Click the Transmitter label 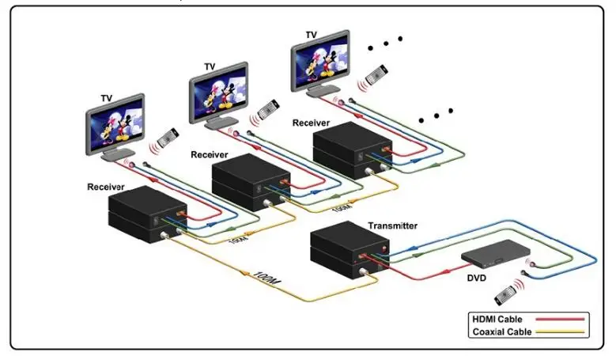click(392, 226)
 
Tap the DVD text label click(476, 279)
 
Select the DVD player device click(496, 252)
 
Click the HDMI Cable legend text click(497, 319)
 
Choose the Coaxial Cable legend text click(501, 332)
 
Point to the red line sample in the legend click(560, 319)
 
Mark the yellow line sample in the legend click(560, 332)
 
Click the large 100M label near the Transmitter click(267, 279)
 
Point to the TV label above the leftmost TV click(107, 98)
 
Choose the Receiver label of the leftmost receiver click(106, 187)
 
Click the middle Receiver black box click(251, 182)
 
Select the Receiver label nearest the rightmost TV click(311, 123)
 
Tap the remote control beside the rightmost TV click(376, 74)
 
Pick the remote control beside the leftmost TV click(168, 138)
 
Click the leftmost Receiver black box click(148, 214)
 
